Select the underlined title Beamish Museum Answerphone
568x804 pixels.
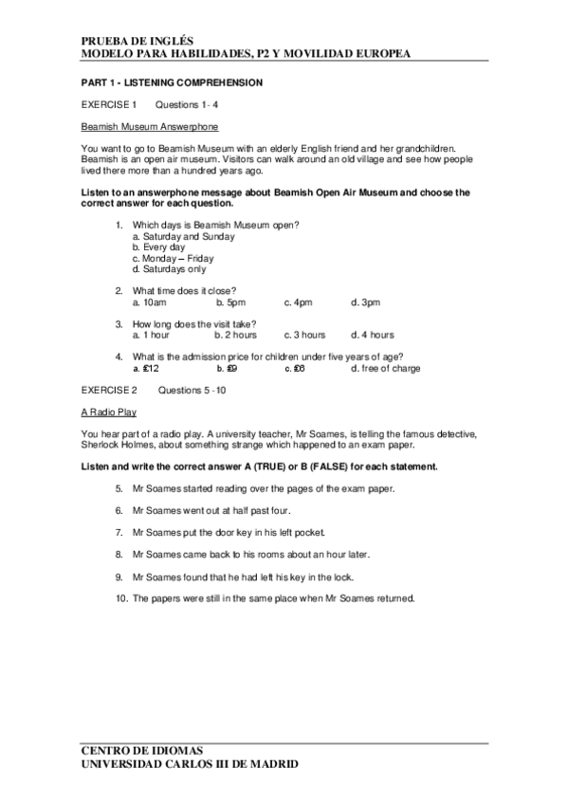pos(149,126)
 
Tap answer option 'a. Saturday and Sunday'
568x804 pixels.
pos(178,235)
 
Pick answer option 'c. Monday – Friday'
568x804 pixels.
pos(174,258)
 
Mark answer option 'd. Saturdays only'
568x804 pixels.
pos(169,269)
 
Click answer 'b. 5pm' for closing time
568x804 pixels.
pos(230,301)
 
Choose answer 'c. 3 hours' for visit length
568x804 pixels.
pos(304,335)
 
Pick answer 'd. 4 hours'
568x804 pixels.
pos(373,335)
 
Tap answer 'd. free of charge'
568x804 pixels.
pos(386,368)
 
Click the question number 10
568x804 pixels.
pos(119,597)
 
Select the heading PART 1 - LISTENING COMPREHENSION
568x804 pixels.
pos(172,82)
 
